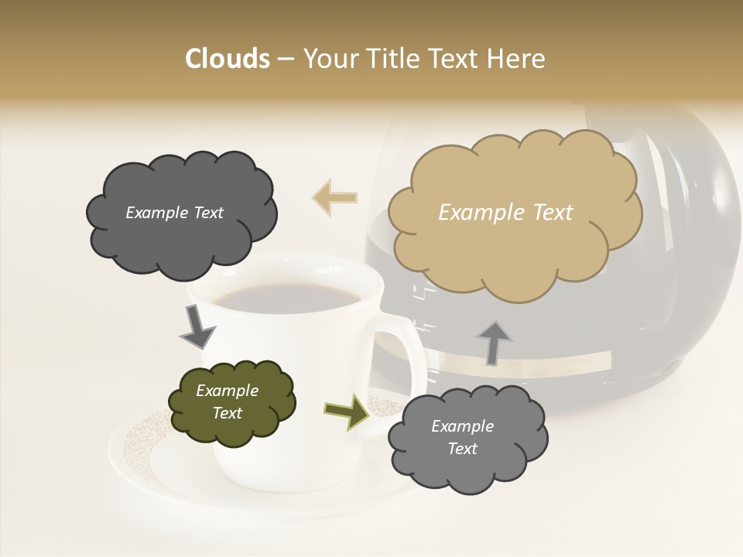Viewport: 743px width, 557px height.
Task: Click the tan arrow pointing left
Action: [335, 197]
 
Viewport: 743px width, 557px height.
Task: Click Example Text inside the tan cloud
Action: [505, 213]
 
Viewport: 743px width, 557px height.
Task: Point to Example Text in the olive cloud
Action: [227, 402]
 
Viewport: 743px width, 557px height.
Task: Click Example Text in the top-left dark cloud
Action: [174, 213]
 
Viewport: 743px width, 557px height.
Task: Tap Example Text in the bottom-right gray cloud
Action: [462, 438]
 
